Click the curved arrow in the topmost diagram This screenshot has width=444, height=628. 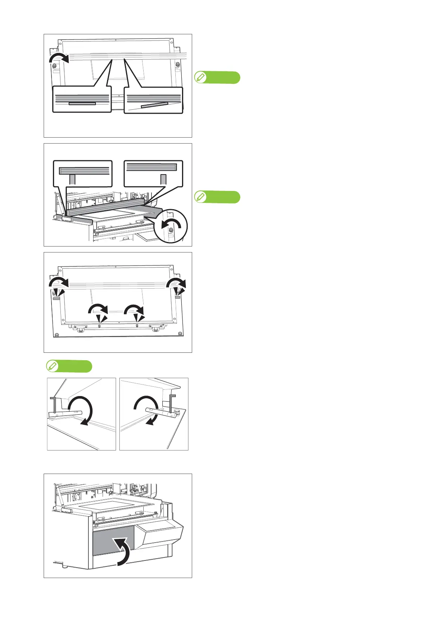click(59, 58)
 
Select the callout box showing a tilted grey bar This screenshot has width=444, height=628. click(153, 100)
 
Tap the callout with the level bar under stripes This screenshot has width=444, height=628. click(82, 100)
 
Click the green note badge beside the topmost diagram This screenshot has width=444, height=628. click(218, 78)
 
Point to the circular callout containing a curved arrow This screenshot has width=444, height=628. click(171, 226)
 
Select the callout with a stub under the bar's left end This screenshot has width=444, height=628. click(82, 173)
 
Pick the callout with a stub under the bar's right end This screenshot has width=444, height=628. click(153, 173)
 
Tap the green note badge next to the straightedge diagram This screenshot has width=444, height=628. click(218, 197)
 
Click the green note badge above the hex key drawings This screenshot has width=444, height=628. click(69, 366)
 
